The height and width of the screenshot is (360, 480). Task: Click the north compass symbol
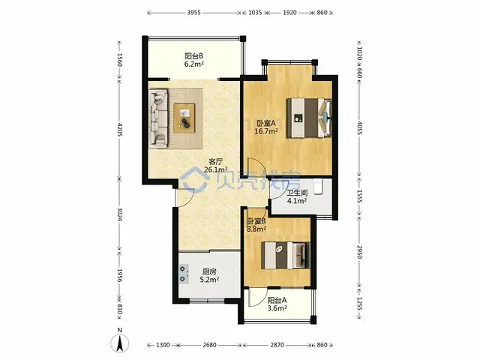(120, 341)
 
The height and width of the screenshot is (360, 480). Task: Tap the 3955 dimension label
(193, 13)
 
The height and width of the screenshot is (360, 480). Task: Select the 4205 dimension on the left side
(120, 130)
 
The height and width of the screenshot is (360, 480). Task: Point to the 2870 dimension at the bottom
(277, 345)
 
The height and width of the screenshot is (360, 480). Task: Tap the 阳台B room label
(193, 56)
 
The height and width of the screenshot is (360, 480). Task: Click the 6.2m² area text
(194, 64)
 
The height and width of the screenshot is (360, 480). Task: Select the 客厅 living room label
(215, 161)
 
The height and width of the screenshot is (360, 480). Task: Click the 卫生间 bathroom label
(297, 193)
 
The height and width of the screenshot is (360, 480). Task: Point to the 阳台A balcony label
(277, 300)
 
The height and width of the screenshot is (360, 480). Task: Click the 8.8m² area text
(256, 229)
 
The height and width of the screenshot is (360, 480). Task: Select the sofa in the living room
(158, 118)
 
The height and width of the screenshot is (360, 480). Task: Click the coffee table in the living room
(184, 118)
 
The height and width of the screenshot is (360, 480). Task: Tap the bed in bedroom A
(309, 118)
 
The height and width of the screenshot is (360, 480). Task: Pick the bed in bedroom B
(286, 255)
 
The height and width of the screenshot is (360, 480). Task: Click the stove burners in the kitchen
(184, 273)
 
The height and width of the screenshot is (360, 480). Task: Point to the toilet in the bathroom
(318, 187)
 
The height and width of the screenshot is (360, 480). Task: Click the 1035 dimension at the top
(255, 13)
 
